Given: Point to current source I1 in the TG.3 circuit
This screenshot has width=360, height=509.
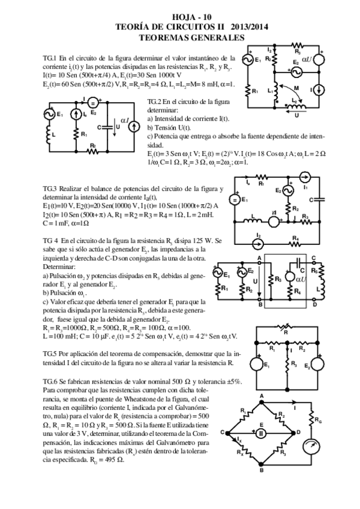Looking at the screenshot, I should tap(304, 176).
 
